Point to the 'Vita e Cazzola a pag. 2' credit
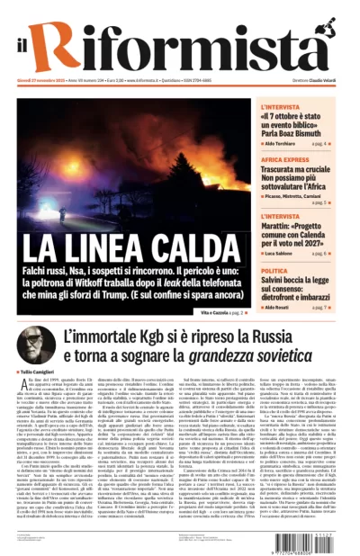pyautogui.click(x=219, y=310)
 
